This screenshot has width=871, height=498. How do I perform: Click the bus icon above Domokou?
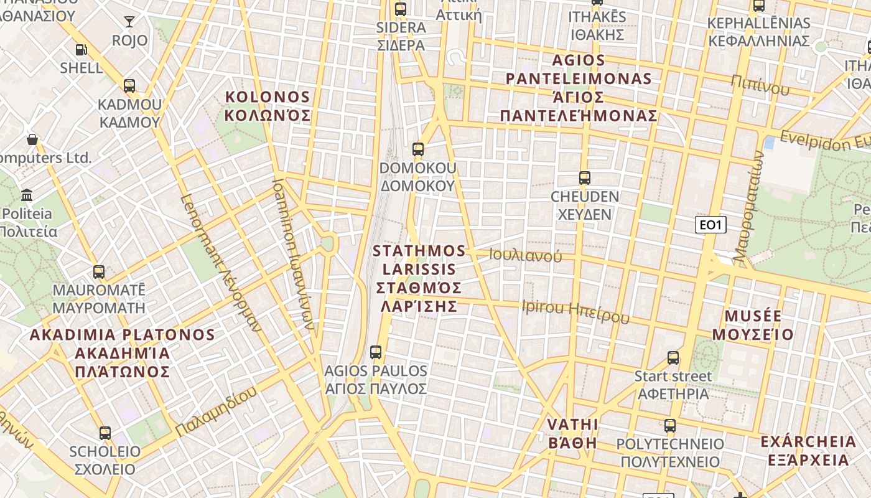point(418,149)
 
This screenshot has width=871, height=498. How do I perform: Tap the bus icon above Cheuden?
point(584,178)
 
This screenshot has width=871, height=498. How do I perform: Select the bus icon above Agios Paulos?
point(376,352)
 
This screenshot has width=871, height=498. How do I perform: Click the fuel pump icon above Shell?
point(81,50)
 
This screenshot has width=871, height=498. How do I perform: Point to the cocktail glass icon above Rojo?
point(129,22)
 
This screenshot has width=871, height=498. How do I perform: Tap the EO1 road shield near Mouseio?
point(710,225)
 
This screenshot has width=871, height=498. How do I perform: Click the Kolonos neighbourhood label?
point(268,106)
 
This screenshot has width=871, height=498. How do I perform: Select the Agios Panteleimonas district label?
point(579,88)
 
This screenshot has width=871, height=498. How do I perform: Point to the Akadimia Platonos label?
point(122,353)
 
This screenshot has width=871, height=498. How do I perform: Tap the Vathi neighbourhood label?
point(572,433)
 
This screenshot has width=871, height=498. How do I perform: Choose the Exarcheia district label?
point(808,451)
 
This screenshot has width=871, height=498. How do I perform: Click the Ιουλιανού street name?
point(525,255)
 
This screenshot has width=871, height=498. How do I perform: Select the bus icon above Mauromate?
point(99,272)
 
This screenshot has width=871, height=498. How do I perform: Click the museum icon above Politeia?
point(27,196)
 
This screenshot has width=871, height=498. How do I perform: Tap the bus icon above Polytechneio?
point(670,426)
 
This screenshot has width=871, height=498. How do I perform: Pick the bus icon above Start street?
point(673,358)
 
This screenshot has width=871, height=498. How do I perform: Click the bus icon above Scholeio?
point(105,433)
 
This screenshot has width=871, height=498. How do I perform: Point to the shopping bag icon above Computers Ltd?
point(32,139)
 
